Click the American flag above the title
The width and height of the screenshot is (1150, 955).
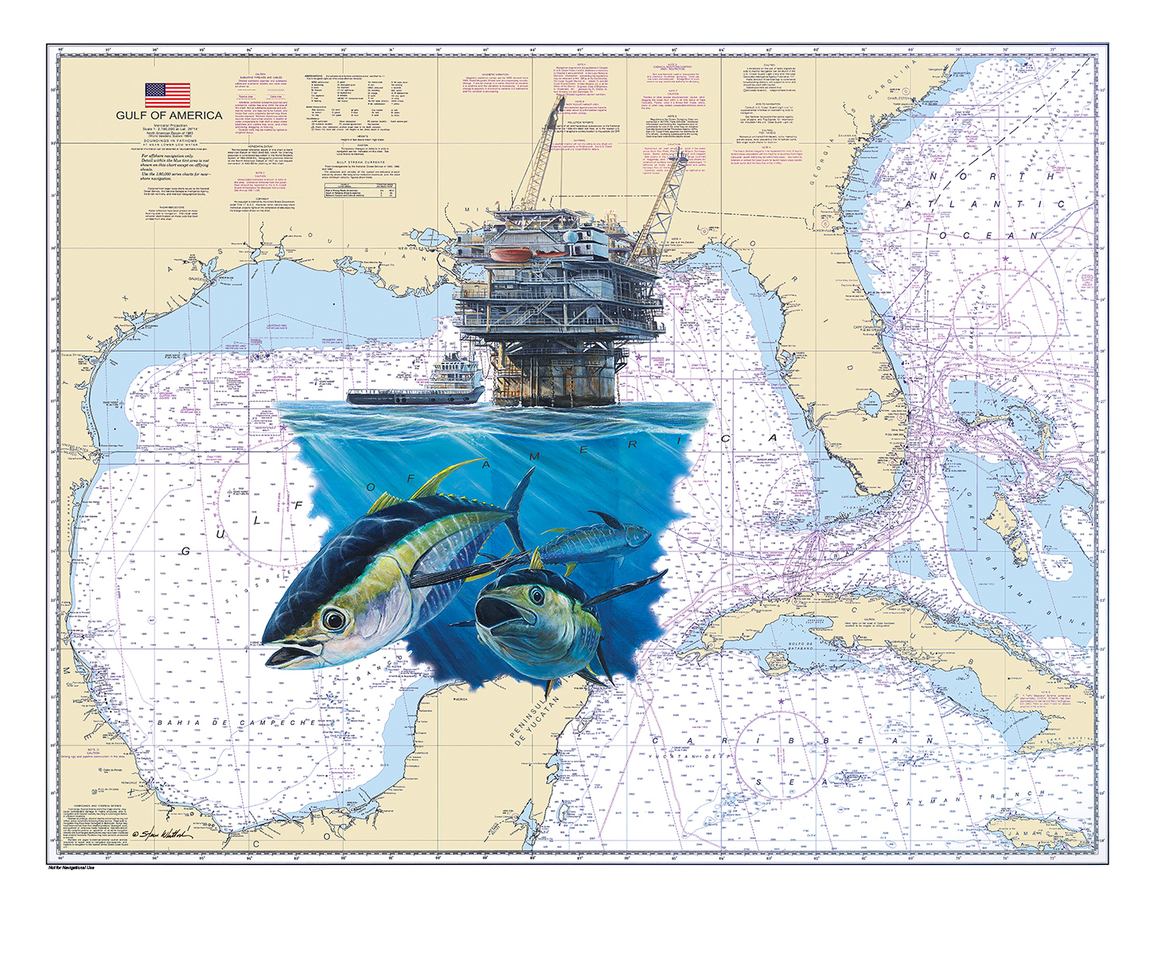point(167,95)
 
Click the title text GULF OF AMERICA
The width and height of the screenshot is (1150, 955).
point(169,115)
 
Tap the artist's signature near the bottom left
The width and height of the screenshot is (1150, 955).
point(162,833)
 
